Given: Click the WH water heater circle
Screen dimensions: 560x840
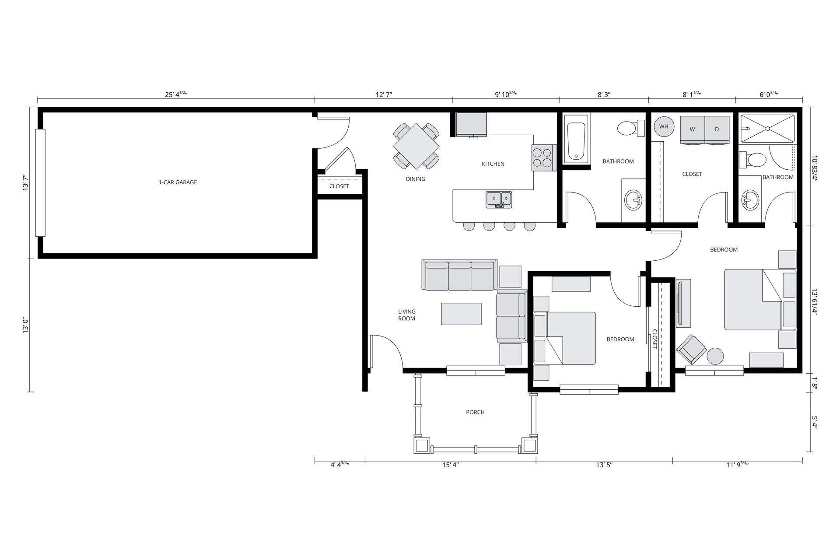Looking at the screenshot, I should point(664,126).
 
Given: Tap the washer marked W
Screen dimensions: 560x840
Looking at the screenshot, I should point(692,129).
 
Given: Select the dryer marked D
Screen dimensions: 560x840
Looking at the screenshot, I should point(717,129).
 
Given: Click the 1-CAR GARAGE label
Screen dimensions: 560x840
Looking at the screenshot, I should point(178,182).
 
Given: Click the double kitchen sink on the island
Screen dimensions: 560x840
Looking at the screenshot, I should point(498,199).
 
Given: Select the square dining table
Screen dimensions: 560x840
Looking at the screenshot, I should point(416,146).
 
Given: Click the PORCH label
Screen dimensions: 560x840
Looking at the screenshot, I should point(475,412).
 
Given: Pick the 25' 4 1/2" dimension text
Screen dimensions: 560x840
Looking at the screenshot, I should point(176,94).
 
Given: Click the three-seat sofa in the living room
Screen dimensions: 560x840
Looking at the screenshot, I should point(459,275).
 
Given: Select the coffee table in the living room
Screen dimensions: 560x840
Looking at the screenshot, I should point(461,314).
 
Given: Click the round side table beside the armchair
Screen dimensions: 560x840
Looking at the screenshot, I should point(716,356).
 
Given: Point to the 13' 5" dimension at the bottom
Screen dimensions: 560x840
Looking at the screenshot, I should point(604,465).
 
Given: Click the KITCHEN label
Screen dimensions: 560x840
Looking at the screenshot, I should point(493,164).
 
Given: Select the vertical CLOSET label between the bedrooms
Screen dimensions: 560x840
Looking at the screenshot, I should point(655,339).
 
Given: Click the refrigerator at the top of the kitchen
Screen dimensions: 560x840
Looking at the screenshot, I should point(471,124).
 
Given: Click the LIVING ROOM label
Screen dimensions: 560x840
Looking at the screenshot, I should point(406,315).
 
